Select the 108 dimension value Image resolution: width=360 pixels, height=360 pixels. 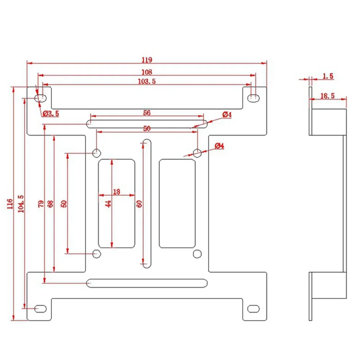[147, 72]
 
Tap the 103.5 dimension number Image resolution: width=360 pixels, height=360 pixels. [147, 82]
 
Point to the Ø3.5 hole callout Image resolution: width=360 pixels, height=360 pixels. [51, 113]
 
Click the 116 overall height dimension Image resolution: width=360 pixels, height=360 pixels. [10, 204]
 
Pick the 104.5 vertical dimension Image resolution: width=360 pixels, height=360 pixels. [21, 204]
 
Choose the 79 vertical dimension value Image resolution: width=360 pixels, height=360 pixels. [41, 204]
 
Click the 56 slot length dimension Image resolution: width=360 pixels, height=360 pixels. [147, 113]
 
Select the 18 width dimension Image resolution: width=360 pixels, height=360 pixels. [116, 192]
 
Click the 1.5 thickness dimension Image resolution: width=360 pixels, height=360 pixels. [328, 76]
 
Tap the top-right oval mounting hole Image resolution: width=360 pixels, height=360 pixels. [254, 98]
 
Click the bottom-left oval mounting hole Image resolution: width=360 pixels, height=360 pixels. [40, 309]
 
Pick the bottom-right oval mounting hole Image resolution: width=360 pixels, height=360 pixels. [254, 309]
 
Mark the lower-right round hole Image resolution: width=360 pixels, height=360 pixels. [197, 254]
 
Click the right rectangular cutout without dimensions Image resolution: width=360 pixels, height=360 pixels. [177, 203]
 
